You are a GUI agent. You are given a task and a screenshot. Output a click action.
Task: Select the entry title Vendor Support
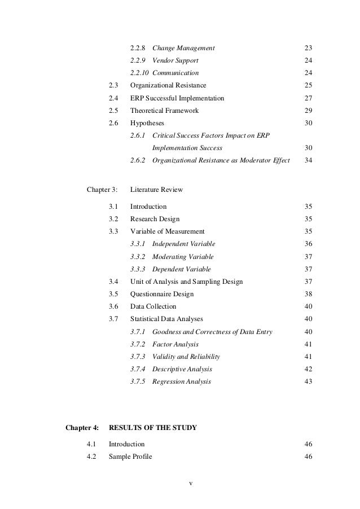tap(175, 60)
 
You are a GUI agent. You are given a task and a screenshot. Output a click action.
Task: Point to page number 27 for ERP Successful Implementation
tap(308, 98)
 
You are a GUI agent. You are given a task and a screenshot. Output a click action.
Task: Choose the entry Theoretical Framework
tap(164, 111)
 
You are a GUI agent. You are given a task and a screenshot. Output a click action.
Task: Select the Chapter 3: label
tap(103, 189)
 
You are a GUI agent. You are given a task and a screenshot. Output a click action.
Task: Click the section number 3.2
tap(113, 219)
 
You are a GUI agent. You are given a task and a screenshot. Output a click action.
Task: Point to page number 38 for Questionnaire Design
tap(308, 294)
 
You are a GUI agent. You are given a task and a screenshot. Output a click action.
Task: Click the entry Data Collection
tap(153, 306)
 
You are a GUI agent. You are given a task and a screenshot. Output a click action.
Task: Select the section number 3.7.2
tap(137, 344)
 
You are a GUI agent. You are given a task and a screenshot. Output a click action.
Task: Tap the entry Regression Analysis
tap(182, 381)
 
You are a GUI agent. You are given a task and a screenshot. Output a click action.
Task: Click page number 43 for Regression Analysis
tap(308, 381)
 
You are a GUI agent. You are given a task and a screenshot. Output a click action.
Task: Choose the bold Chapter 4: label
tap(82, 428)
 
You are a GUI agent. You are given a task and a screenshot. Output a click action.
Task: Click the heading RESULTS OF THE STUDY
tap(152, 428)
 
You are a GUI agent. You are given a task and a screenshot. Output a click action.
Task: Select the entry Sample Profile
tap(130, 457)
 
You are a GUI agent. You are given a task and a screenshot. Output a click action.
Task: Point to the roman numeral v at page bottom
tap(191, 484)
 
